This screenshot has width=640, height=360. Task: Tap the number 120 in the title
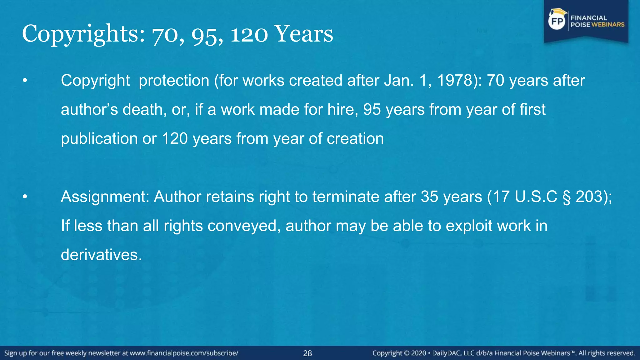(x=249, y=34)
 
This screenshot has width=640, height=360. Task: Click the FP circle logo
(x=557, y=21)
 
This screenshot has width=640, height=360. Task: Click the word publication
(x=99, y=138)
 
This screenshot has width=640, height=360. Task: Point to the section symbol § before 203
(x=567, y=197)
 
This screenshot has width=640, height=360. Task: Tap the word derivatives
(x=101, y=255)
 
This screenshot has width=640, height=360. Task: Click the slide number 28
(x=307, y=353)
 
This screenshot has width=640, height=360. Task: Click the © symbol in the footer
(x=407, y=353)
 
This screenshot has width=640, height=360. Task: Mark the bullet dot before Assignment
(x=25, y=197)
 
